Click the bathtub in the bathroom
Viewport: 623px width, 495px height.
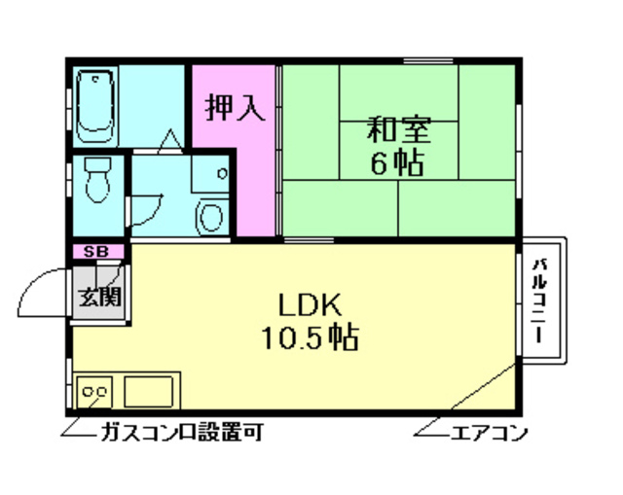point(95,103)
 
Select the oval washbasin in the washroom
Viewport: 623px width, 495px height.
point(209,216)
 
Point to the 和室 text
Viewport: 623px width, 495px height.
point(398,130)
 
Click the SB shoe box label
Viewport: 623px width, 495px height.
point(95,252)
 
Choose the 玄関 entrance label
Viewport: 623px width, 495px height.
point(97,295)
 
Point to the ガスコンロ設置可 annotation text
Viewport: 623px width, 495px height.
point(179,433)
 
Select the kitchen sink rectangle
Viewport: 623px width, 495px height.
point(149,392)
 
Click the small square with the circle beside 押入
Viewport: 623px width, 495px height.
point(222,175)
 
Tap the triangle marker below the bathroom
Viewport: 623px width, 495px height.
point(168,141)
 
